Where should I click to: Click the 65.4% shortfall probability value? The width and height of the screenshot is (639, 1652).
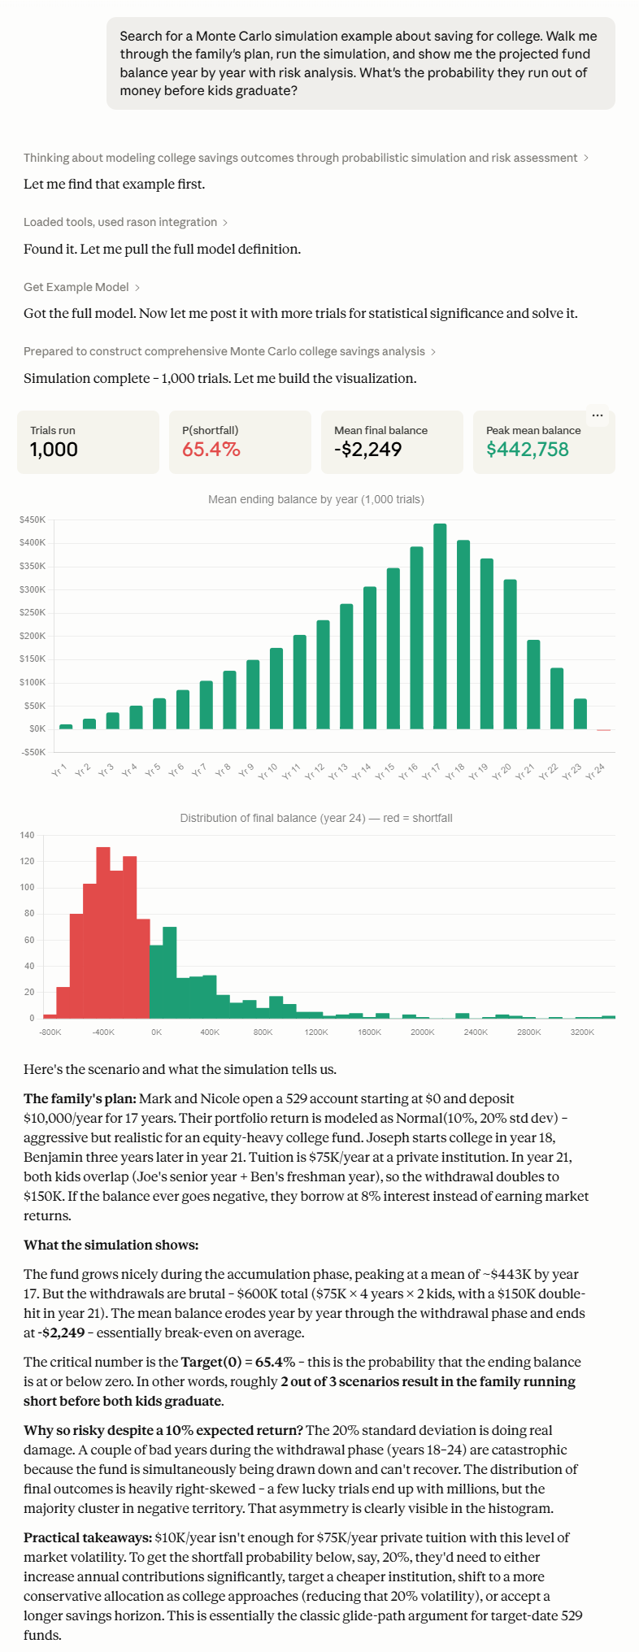click(211, 450)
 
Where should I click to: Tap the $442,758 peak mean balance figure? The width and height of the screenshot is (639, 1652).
click(528, 450)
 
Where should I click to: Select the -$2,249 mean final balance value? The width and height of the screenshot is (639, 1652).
click(368, 450)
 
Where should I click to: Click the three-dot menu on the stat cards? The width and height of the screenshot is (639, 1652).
click(598, 415)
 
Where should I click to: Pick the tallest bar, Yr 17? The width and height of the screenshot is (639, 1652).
click(440, 626)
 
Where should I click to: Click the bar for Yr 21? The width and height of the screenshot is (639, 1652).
click(533, 685)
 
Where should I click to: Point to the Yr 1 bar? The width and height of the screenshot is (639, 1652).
click(66, 727)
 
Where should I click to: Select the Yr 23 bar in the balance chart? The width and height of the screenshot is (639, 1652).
click(580, 714)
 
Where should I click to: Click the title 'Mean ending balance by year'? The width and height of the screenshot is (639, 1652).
click(316, 499)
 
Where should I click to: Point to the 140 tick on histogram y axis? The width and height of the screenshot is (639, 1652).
click(28, 835)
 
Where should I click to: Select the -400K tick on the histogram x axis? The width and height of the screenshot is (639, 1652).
click(103, 1032)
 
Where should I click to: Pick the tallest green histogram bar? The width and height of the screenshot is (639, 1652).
click(170, 972)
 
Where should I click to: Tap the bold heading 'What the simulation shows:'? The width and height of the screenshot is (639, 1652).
click(111, 1245)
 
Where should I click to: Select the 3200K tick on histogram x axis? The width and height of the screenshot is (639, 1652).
click(582, 1032)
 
